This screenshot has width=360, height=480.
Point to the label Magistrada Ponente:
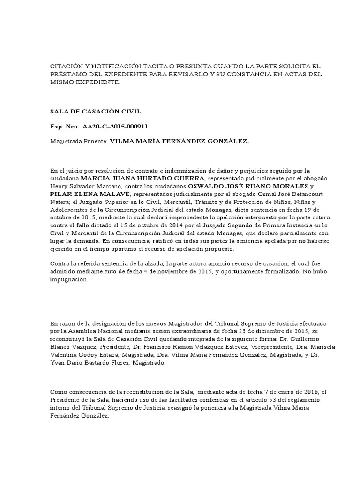coord(79,141)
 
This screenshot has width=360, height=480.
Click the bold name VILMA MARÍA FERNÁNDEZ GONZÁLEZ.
coord(180,141)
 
